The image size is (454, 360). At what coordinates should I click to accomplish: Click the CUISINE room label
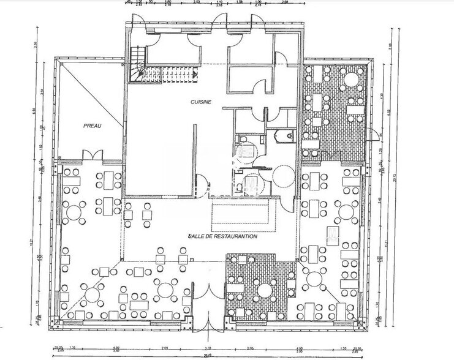200,103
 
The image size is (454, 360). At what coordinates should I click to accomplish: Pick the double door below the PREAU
89,156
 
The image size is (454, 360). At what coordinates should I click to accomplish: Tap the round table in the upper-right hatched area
350,79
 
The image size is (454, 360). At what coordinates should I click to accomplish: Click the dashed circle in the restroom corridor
284,177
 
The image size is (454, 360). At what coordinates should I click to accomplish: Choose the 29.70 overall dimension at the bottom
209,354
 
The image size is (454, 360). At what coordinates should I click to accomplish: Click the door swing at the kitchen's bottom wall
200,182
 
